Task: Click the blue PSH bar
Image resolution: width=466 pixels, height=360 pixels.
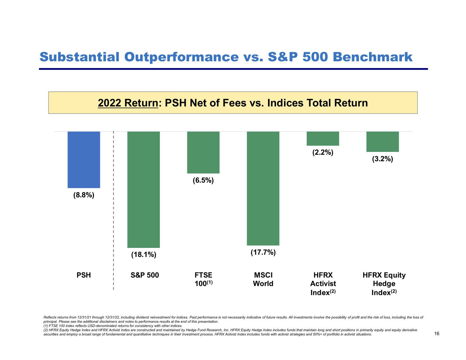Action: point(84,160)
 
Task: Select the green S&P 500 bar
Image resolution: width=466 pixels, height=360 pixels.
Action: point(143,189)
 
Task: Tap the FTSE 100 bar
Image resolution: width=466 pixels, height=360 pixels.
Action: point(203,152)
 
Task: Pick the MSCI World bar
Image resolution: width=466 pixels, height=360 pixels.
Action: point(263,188)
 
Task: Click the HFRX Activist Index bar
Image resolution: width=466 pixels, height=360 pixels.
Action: point(323,139)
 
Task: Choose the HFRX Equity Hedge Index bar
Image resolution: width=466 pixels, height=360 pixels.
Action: point(383,142)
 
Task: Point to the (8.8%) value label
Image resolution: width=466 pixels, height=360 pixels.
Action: point(84,195)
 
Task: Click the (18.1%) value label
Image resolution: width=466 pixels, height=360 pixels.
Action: point(143,255)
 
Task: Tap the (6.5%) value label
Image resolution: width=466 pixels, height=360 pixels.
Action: point(203,180)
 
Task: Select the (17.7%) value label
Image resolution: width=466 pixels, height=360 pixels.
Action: point(263,252)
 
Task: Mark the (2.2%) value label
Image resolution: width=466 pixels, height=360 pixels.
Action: point(323,153)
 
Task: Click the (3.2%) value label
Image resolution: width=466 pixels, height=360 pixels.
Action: point(383,159)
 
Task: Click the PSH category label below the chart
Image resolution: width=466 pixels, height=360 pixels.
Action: point(84,275)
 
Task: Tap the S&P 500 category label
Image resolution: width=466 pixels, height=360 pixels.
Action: point(145,275)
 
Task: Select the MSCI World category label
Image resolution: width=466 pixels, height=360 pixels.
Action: point(263,279)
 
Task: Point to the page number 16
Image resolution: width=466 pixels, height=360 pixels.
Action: point(437,334)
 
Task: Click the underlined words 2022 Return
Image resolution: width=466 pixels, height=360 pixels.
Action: point(128,103)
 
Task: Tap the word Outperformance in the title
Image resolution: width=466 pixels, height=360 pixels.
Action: point(181,57)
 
